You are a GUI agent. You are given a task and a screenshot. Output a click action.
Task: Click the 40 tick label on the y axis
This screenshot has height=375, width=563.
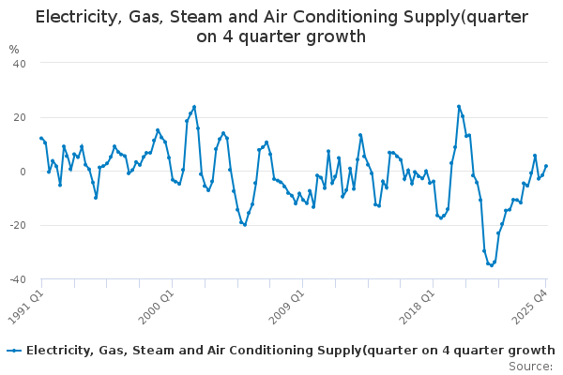point(18,63)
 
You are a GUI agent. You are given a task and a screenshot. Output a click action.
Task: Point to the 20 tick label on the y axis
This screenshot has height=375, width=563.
point(18,117)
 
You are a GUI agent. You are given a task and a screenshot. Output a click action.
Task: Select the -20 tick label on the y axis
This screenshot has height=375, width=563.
point(16,226)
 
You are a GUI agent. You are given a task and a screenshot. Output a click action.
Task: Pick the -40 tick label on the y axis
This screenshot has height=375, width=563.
point(16,279)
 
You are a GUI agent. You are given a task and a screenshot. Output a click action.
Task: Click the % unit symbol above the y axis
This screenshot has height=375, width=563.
point(13,50)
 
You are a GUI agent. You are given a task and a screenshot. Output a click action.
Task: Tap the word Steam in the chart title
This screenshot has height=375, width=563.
point(198,16)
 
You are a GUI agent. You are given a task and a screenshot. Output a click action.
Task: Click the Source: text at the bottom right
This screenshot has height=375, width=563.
point(530,367)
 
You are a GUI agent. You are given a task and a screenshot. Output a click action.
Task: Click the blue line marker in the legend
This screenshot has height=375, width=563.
point(13,351)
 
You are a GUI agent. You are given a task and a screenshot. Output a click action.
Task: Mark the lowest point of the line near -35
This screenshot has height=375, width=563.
point(491,265)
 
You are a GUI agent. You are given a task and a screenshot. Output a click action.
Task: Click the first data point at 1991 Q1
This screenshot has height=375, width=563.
point(41,138)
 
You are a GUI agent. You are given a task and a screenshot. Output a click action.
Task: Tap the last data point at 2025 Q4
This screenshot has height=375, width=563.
point(546,166)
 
